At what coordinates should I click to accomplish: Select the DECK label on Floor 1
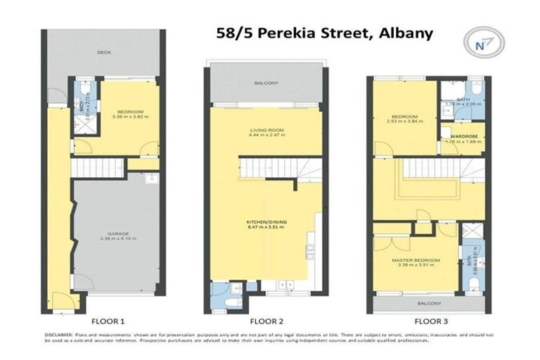click(x=105, y=52)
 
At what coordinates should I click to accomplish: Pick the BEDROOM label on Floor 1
click(x=130, y=112)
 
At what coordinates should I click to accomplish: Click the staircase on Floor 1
click(x=98, y=168)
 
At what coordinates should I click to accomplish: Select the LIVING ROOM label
click(x=265, y=130)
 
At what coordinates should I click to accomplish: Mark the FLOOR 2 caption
click(x=265, y=321)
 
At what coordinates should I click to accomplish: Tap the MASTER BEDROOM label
click(x=416, y=260)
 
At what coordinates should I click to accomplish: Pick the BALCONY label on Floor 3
click(x=427, y=303)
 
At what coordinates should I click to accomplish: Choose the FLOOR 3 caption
click(x=427, y=321)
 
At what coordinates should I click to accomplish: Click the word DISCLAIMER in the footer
click(x=58, y=335)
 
